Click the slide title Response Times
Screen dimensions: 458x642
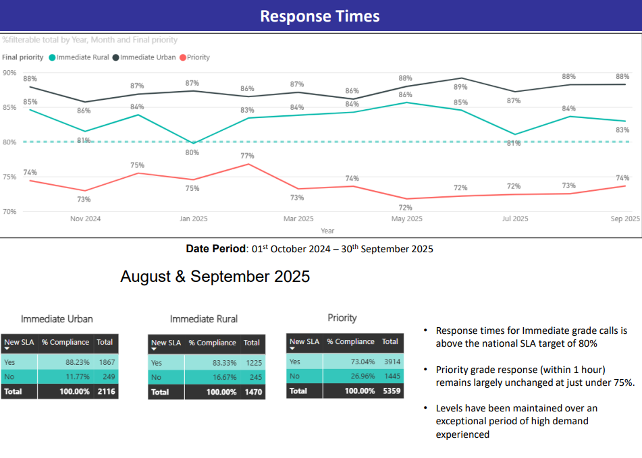[x=320, y=16]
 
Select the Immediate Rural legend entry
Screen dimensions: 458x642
[x=83, y=57]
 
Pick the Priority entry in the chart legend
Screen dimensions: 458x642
[x=198, y=57]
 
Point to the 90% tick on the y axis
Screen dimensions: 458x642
[x=9, y=72]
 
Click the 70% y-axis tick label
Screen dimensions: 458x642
[x=9, y=211]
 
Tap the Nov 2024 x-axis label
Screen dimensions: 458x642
[x=85, y=219]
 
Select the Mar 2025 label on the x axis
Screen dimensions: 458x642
[x=298, y=219]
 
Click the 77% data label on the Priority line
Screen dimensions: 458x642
[x=247, y=156]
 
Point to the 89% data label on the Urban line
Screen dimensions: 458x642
[x=460, y=87]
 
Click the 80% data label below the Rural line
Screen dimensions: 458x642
[x=192, y=152]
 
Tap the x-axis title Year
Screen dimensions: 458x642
[x=327, y=231]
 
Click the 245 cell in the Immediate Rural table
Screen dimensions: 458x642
[x=251, y=377]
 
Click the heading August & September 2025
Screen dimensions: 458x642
[x=215, y=276]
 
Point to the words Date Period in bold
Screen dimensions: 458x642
[x=215, y=249]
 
